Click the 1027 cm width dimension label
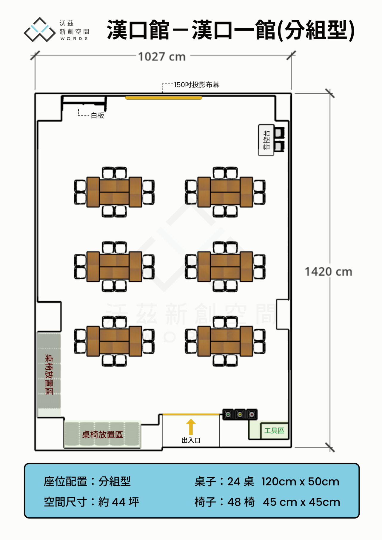point(162,56)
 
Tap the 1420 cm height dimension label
point(328,272)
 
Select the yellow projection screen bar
point(164,98)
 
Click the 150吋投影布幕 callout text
point(197,85)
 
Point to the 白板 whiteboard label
point(98,115)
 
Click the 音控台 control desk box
point(266,140)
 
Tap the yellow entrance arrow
point(191,427)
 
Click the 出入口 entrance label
point(191,440)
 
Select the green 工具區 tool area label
point(274,431)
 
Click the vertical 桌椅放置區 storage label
point(49,374)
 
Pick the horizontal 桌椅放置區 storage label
point(102,435)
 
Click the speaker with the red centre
point(252,414)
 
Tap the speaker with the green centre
point(228,414)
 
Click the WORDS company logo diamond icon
point(40,30)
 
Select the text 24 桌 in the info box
point(241,482)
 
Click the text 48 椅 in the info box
point(241,502)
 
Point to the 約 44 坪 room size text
point(118,502)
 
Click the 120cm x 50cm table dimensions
point(301,482)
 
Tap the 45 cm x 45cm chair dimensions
point(301,502)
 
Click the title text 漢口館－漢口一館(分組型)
point(231,30)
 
